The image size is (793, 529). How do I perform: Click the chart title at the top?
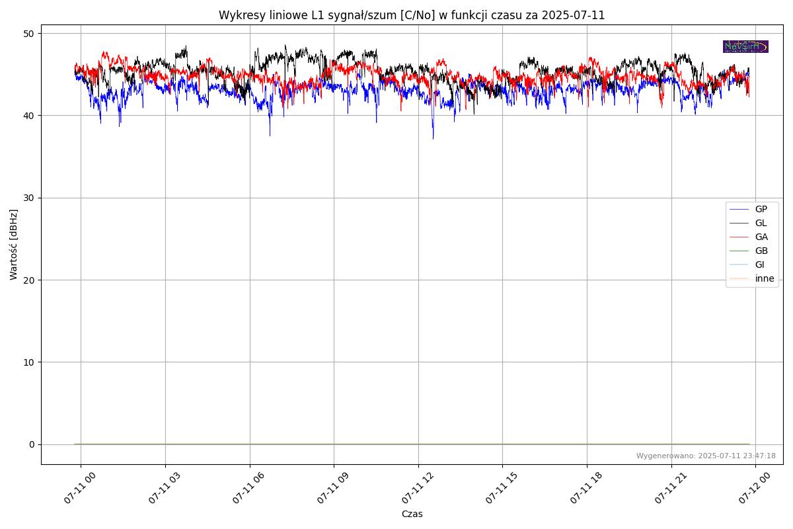412,15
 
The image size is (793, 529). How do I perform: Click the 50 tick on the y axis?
29,34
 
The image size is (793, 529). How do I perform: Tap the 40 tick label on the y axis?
29,116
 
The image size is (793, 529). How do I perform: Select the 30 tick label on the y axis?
29,198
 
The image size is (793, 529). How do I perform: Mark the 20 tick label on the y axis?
29,280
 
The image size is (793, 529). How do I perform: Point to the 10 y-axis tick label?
29,362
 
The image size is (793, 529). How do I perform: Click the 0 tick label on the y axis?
32,444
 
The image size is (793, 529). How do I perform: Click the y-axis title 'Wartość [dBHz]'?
14,244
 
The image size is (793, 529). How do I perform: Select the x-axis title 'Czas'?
412,514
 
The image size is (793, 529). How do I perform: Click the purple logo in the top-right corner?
745,46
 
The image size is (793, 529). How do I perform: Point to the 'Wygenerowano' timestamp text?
706,456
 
